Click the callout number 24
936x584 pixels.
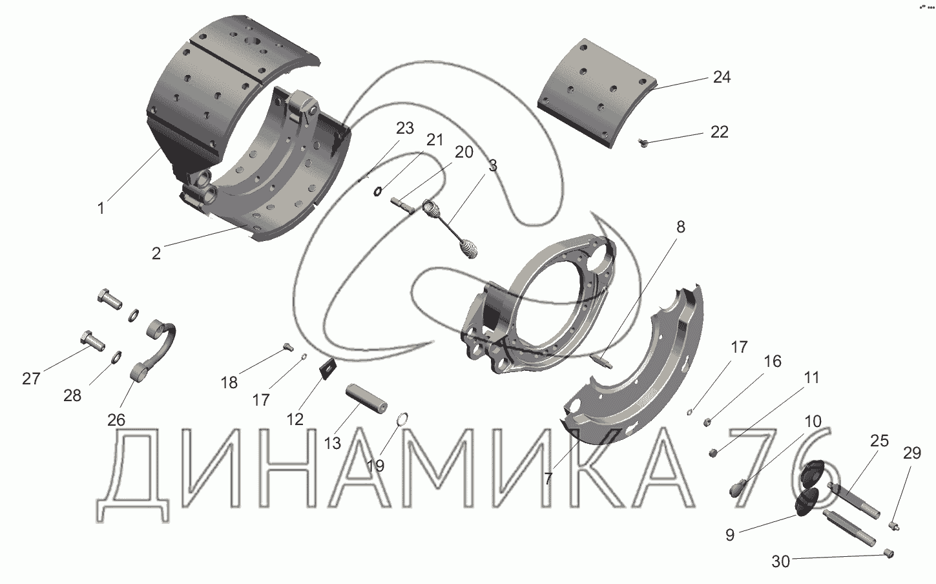722,78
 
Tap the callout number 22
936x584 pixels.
720,132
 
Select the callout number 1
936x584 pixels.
101,208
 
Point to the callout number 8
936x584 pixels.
681,227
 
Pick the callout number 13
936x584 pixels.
333,443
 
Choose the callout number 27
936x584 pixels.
32,379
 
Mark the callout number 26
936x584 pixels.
116,420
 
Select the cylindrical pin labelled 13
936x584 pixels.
366,399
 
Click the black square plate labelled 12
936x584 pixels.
328,369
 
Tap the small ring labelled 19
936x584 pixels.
402,418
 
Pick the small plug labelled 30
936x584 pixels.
889,554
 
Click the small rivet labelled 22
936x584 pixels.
643,143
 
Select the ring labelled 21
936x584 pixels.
377,192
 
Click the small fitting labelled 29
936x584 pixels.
893,525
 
